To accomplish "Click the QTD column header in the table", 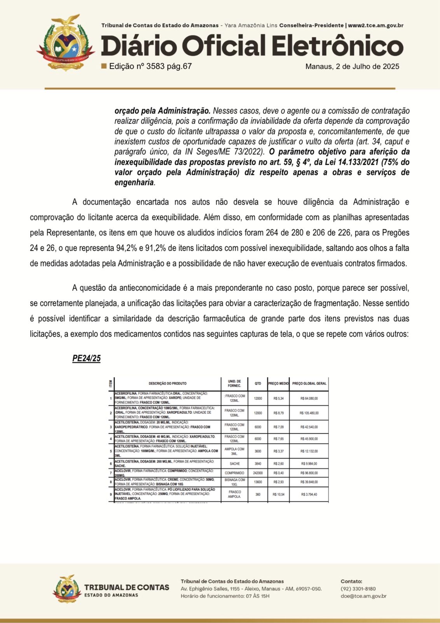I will click(258, 384).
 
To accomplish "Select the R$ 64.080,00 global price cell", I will click(309, 398).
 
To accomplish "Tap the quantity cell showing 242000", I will click(258, 473).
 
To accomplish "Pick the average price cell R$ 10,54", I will click(278, 495).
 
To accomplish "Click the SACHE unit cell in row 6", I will click(235, 464).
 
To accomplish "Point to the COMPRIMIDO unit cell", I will click(234, 473).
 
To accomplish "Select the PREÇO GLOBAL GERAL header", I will click(309, 384).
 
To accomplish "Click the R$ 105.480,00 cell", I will click(309, 413).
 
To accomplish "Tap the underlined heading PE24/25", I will click(86, 358).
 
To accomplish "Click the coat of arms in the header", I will click(66, 42).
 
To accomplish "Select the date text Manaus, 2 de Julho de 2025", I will click(352, 66).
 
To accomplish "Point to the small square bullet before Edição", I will click(104, 66).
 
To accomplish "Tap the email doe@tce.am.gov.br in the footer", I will click(363, 596).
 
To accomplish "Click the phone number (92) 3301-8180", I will click(358, 589).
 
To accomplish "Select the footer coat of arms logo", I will click(67, 589).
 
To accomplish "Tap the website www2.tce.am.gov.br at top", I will click(375, 25).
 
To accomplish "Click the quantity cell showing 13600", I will click(258, 482).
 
